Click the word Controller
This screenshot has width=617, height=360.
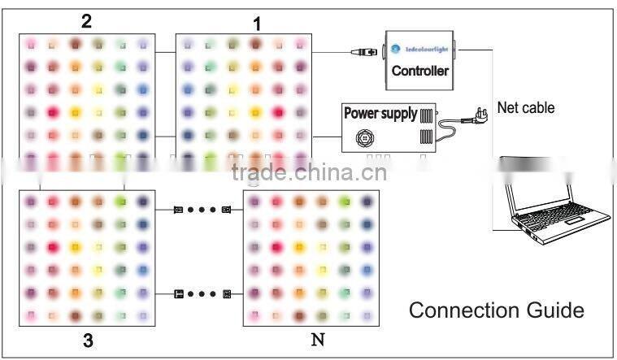click(x=419, y=71)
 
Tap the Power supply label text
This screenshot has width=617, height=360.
click(x=380, y=113)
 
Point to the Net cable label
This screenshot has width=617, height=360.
click(x=526, y=107)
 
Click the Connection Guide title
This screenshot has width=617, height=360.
click(x=496, y=310)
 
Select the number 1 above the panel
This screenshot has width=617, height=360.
click(x=257, y=24)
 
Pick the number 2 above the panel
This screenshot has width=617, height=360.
click(x=86, y=21)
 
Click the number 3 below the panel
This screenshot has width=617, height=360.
click(x=88, y=340)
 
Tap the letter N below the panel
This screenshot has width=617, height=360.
click(x=318, y=340)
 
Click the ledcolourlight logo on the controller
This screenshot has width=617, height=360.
click(x=419, y=50)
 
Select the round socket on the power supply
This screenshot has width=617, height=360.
click(x=365, y=138)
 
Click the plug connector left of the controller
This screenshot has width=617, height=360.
click(x=364, y=51)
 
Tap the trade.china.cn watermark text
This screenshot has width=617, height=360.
click(x=309, y=172)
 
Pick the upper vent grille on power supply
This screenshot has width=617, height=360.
click(x=426, y=115)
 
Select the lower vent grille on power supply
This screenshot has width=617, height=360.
click(x=426, y=137)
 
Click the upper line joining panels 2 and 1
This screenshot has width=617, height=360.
click(x=165, y=52)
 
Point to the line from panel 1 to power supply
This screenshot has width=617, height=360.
click(x=327, y=137)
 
